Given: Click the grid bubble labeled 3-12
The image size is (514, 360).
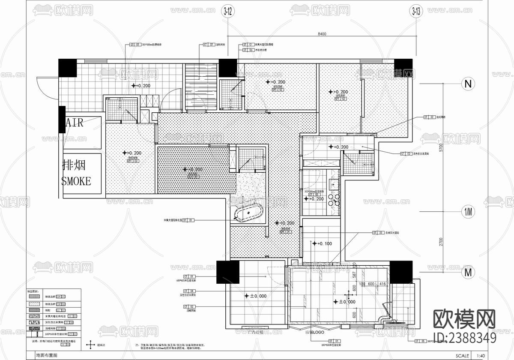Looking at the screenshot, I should (227, 12).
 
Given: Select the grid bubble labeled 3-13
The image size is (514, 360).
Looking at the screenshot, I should (415, 12).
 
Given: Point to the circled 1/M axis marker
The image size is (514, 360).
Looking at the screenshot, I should (468, 212).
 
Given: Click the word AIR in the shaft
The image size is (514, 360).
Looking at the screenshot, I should (75, 123).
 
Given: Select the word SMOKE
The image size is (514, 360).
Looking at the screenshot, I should (77, 181).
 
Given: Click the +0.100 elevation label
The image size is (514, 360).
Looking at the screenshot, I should (323, 243).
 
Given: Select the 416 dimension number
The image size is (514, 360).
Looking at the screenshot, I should (383, 284).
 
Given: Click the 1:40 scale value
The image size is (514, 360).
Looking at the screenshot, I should (481, 355).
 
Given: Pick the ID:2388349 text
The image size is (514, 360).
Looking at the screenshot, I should (465, 338).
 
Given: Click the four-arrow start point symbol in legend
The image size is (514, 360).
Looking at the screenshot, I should (90, 345).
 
